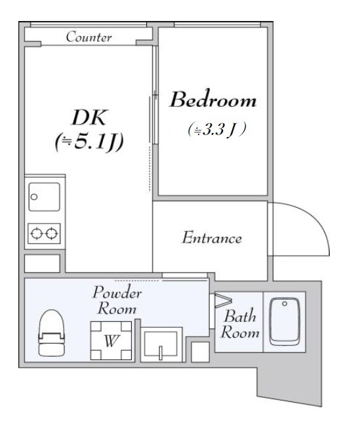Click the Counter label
[x=89, y=37]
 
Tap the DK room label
[x=89, y=117]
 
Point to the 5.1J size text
[x=89, y=142]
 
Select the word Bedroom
[x=213, y=100]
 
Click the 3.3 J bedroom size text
[x=217, y=130]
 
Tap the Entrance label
[x=212, y=237]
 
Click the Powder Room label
[x=117, y=300]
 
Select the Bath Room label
[x=240, y=324]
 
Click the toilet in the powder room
[x=52, y=333]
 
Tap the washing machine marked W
[x=111, y=340]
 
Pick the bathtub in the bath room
[x=285, y=321]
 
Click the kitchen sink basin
[x=44, y=197]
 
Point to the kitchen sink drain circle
[x=34, y=197]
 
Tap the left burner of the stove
[x=37, y=233]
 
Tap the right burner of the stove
[x=52, y=233]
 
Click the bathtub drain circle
[x=285, y=304]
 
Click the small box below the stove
[x=42, y=263]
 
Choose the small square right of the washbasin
[x=200, y=352]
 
